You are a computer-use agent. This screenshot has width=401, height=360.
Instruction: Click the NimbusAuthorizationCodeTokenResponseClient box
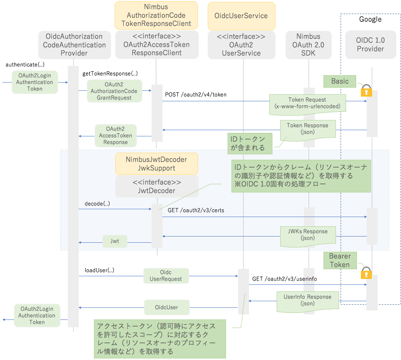pyautogui.click(x=156, y=16)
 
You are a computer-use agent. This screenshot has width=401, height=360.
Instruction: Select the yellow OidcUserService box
pyautogui.click(x=241, y=16)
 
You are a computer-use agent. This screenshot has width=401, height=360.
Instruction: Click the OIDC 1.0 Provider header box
pyautogui.click(x=370, y=45)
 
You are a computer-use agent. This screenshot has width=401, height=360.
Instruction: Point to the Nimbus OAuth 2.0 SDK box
pyautogui.click(x=308, y=45)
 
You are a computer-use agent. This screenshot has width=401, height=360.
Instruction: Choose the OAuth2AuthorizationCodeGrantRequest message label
pyautogui.click(x=114, y=91)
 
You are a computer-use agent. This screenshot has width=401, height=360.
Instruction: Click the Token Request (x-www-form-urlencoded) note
pyautogui.click(x=307, y=103)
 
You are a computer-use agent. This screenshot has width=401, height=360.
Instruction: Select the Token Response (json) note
pyautogui.click(x=307, y=129)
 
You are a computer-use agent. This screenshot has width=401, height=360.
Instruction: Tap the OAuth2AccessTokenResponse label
pyautogui.click(x=115, y=136)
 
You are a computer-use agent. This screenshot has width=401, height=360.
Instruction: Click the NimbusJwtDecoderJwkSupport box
pyautogui.click(x=156, y=164)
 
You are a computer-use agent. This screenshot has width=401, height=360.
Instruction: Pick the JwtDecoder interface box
pyautogui.click(x=157, y=186)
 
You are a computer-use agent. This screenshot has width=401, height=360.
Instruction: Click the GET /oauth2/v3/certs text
pyautogui.click(x=196, y=210)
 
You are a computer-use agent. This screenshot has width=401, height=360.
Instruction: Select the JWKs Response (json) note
pyautogui.click(x=307, y=235)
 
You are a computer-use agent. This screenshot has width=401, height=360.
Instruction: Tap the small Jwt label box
pyautogui.click(x=115, y=241)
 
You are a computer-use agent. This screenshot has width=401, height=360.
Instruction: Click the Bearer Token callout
pyautogui.click(x=340, y=260)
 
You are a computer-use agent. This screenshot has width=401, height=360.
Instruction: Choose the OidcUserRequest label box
pyautogui.click(x=166, y=275)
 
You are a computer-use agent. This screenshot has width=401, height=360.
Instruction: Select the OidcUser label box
pyautogui.click(x=166, y=307)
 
